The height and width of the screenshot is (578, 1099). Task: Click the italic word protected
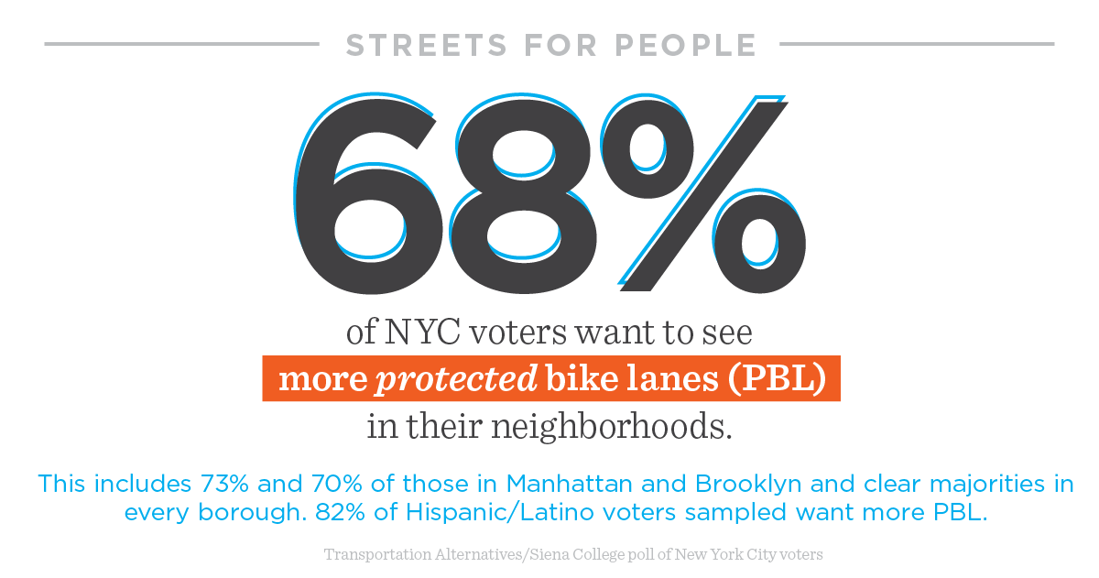pos(455,378)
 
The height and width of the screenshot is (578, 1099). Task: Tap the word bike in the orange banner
pos(575,378)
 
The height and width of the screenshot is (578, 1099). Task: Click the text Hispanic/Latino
pos(486,512)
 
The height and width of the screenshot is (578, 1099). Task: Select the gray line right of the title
pos(916,43)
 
